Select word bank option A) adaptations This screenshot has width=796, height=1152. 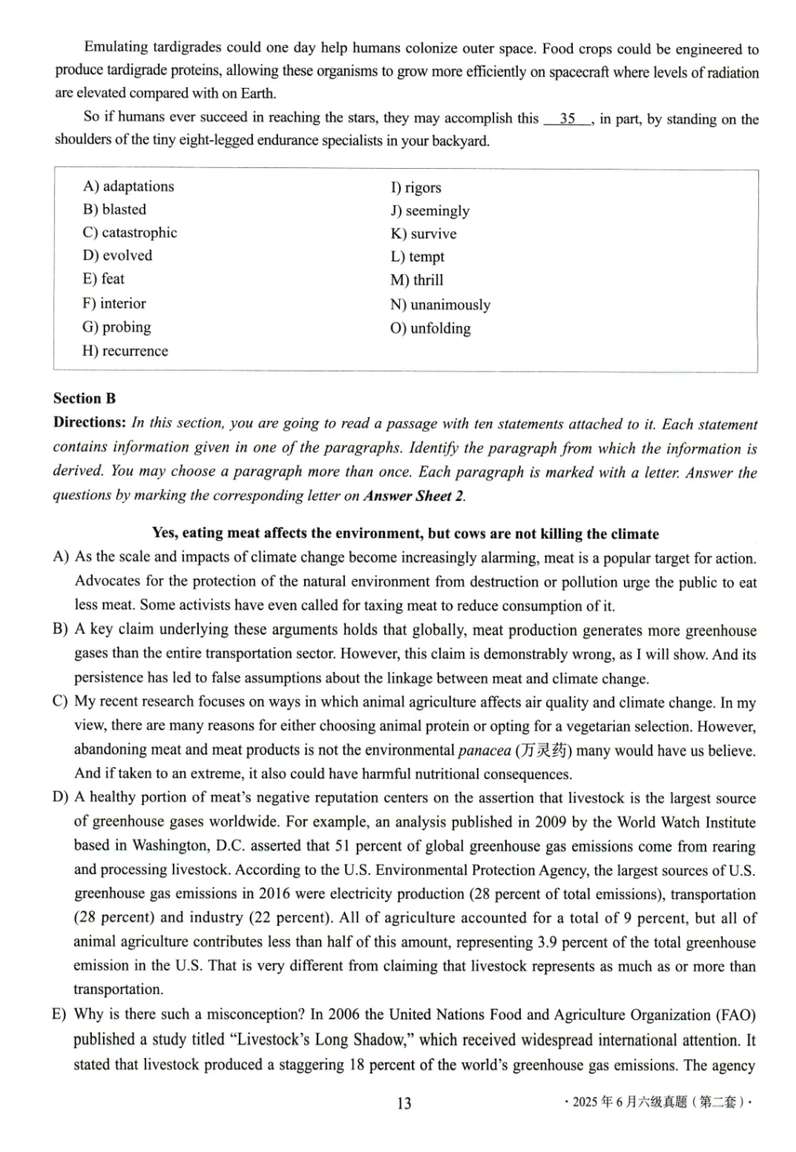(x=128, y=187)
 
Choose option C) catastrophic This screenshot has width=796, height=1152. (x=130, y=232)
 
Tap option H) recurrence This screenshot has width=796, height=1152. (x=125, y=351)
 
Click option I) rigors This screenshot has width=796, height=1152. (x=416, y=188)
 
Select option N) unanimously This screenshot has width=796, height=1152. (x=440, y=305)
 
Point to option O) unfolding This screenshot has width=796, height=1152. (x=431, y=328)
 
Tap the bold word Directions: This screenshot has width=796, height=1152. (x=90, y=422)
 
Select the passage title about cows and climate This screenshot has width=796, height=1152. (x=405, y=534)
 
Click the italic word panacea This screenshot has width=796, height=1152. (x=484, y=751)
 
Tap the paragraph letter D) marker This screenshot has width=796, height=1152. (x=61, y=798)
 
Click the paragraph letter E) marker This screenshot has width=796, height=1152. (x=60, y=1015)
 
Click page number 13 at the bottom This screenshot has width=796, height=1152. (x=404, y=1103)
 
